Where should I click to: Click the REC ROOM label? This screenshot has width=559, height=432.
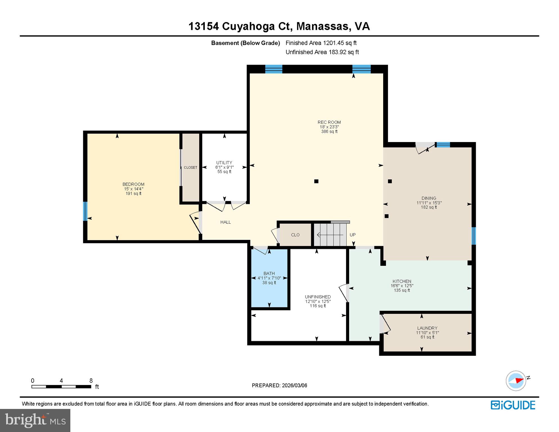[329, 122]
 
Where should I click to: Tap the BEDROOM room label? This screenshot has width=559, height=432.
[133, 184]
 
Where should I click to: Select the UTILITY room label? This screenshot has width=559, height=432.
[224, 163]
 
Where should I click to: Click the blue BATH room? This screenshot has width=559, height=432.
[269, 290]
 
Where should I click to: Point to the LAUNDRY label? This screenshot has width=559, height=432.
[427, 328]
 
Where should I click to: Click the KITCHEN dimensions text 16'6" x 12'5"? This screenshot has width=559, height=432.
[402, 286]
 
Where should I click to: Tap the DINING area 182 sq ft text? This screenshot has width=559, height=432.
[429, 207]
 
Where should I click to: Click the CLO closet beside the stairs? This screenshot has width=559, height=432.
[295, 235]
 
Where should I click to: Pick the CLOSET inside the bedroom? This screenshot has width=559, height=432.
[190, 168]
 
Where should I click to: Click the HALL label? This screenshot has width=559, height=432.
[225, 222]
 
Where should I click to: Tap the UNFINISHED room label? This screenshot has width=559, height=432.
[318, 297]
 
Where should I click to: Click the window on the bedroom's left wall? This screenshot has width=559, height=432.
[85, 211]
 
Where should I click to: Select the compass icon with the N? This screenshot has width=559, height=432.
[516, 381]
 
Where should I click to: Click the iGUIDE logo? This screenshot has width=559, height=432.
[513, 405]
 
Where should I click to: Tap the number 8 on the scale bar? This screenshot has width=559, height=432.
[91, 381]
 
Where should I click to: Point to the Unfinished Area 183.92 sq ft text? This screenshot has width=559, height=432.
[322, 52]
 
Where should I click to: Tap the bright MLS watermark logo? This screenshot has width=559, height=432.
[35, 420]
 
